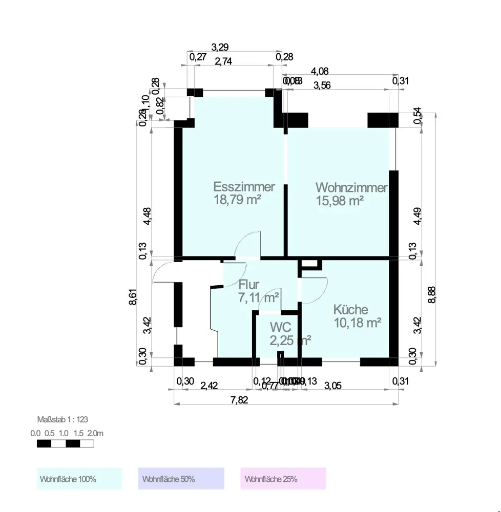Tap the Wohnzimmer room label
pyautogui.click(x=351, y=188)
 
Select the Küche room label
pyautogui.click(x=350, y=310)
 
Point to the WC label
pyautogui.click(x=281, y=327)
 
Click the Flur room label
pyautogui.click(x=249, y=285)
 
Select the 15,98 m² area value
pyautogui.click(x=340, y=201)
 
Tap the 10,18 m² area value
pyautogui.click(x=358, y=323)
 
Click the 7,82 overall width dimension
pyautogui.click(x=239, y=400)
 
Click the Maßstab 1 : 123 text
pyautogui.click(x=62, y=419)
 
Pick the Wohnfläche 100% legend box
pyautogui.click(x=79, y=479)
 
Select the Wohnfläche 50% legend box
pyautogui.click(x=181, y=479)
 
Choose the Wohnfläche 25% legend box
pyautogui.click(x=283, y=479)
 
